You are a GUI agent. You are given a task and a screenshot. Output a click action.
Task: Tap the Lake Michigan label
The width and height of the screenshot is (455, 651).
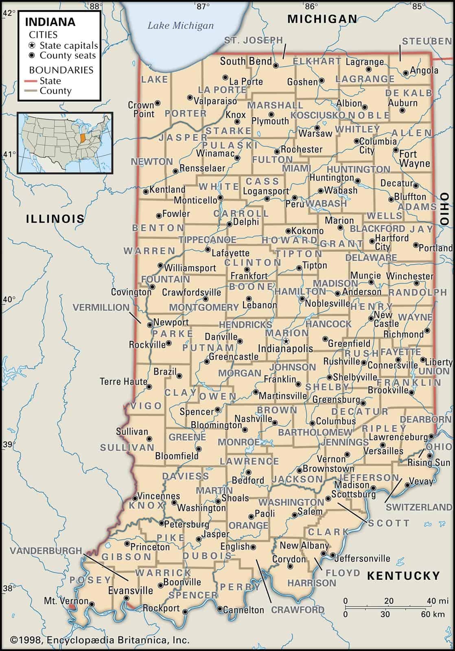(180, 26)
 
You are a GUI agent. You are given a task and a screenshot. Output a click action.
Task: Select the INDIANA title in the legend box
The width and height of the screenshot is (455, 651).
(50, 22)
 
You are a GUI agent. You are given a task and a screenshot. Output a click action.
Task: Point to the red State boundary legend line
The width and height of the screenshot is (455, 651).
(33, 81)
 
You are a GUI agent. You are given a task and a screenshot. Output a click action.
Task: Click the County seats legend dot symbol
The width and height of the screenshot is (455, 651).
(32, 56)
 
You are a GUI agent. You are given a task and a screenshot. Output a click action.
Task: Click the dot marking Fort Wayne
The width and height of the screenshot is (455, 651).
(396, 150)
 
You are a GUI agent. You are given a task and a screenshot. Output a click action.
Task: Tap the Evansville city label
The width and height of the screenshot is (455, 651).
(131, 590)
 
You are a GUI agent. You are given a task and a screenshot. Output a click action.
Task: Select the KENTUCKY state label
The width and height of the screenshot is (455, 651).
(403, 576)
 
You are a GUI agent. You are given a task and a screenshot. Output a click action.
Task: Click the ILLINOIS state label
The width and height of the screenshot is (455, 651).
(55, 218)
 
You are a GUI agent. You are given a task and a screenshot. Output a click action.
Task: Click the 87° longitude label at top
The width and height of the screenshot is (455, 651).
(203, 6)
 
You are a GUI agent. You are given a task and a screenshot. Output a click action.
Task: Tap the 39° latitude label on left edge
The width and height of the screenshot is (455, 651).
(8, 444)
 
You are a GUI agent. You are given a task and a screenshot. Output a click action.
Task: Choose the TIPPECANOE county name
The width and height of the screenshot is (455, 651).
(208, 240)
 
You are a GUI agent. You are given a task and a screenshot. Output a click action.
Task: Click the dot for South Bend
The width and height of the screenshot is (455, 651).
(276, 65)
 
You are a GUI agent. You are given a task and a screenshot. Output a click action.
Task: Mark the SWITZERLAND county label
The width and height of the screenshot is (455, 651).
(419, 507)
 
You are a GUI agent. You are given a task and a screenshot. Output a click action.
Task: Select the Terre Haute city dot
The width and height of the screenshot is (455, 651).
(149, 387)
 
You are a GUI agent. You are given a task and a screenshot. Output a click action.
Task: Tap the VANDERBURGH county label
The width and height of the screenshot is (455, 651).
(46, 551)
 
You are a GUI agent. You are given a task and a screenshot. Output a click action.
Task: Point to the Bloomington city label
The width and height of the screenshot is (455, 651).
(216, 425)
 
